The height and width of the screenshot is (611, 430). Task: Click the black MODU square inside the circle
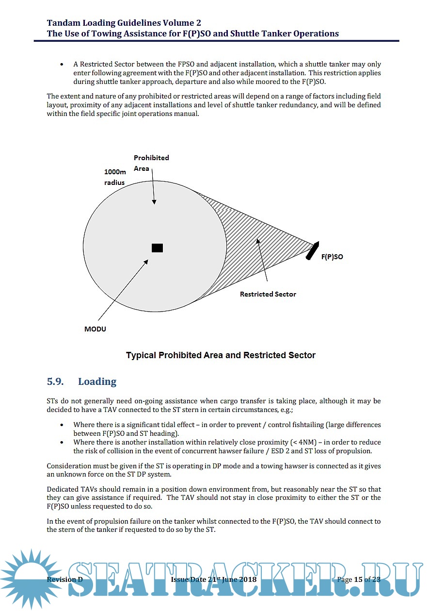[x=157, y=248]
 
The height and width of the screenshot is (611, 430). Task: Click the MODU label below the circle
[x=95, y=329]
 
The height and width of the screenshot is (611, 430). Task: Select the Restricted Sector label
[x=268, y=294]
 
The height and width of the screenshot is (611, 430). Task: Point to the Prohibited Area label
[x=151, y=163]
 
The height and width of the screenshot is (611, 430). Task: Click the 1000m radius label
[x=114, y=177]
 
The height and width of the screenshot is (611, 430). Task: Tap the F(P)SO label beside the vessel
[x=332, y=257]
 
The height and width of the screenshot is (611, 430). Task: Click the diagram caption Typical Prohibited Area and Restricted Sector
[x=221, y=355]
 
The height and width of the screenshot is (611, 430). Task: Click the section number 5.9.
[x=55, y=381]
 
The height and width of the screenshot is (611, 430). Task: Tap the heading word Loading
[x=97, y=381]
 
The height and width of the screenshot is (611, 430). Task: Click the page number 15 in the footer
[x=358, y=579]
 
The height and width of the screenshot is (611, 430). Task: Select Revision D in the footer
[x=64, y=579]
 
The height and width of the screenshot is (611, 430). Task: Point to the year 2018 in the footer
[x=247, y=579]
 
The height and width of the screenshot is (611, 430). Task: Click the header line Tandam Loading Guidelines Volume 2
[x=124, y=23]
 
